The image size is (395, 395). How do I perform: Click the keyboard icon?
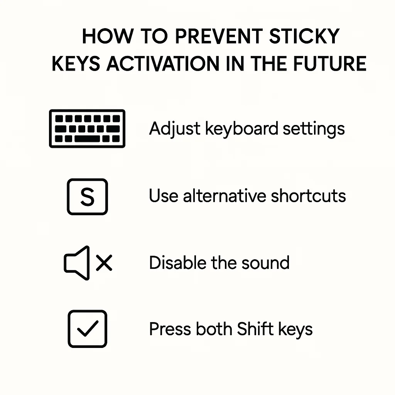pos(87,128)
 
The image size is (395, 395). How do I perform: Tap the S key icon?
pos(87,196)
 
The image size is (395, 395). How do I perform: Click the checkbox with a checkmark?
pos(87,329)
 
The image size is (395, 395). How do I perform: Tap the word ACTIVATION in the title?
pos(173,64)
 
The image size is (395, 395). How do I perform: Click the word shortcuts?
pos(308,196)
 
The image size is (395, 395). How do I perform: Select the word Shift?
pos(254,329)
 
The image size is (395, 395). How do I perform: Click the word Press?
pos(170,329)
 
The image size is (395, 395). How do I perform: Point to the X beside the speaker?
pos(104,263)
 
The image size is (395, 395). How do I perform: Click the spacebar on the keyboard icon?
pos(87,138)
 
